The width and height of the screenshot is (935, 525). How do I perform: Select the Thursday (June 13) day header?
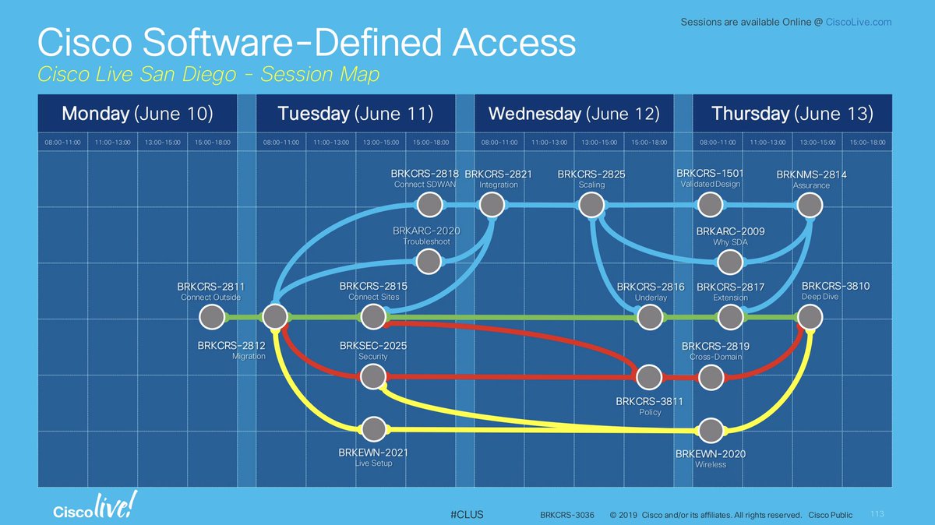[x=792, y=114]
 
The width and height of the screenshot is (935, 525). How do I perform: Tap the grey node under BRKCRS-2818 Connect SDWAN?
[x=429, y=205]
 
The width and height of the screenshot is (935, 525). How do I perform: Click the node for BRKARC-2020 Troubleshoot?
[x=429, y=261]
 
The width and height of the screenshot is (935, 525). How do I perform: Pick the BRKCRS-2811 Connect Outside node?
[x=210, y=317]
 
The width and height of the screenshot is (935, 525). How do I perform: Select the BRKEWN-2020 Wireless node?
[x=711, y=430]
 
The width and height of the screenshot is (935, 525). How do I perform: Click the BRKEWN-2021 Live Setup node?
[x=374, y=429]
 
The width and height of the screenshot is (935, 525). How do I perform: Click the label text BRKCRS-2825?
[x=591, y=174]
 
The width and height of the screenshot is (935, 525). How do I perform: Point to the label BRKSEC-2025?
[x=373, y=346]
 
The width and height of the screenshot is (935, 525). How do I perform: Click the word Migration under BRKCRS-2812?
[x=249, y=357]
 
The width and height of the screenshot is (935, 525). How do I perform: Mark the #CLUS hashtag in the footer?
[x=467, y=515]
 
